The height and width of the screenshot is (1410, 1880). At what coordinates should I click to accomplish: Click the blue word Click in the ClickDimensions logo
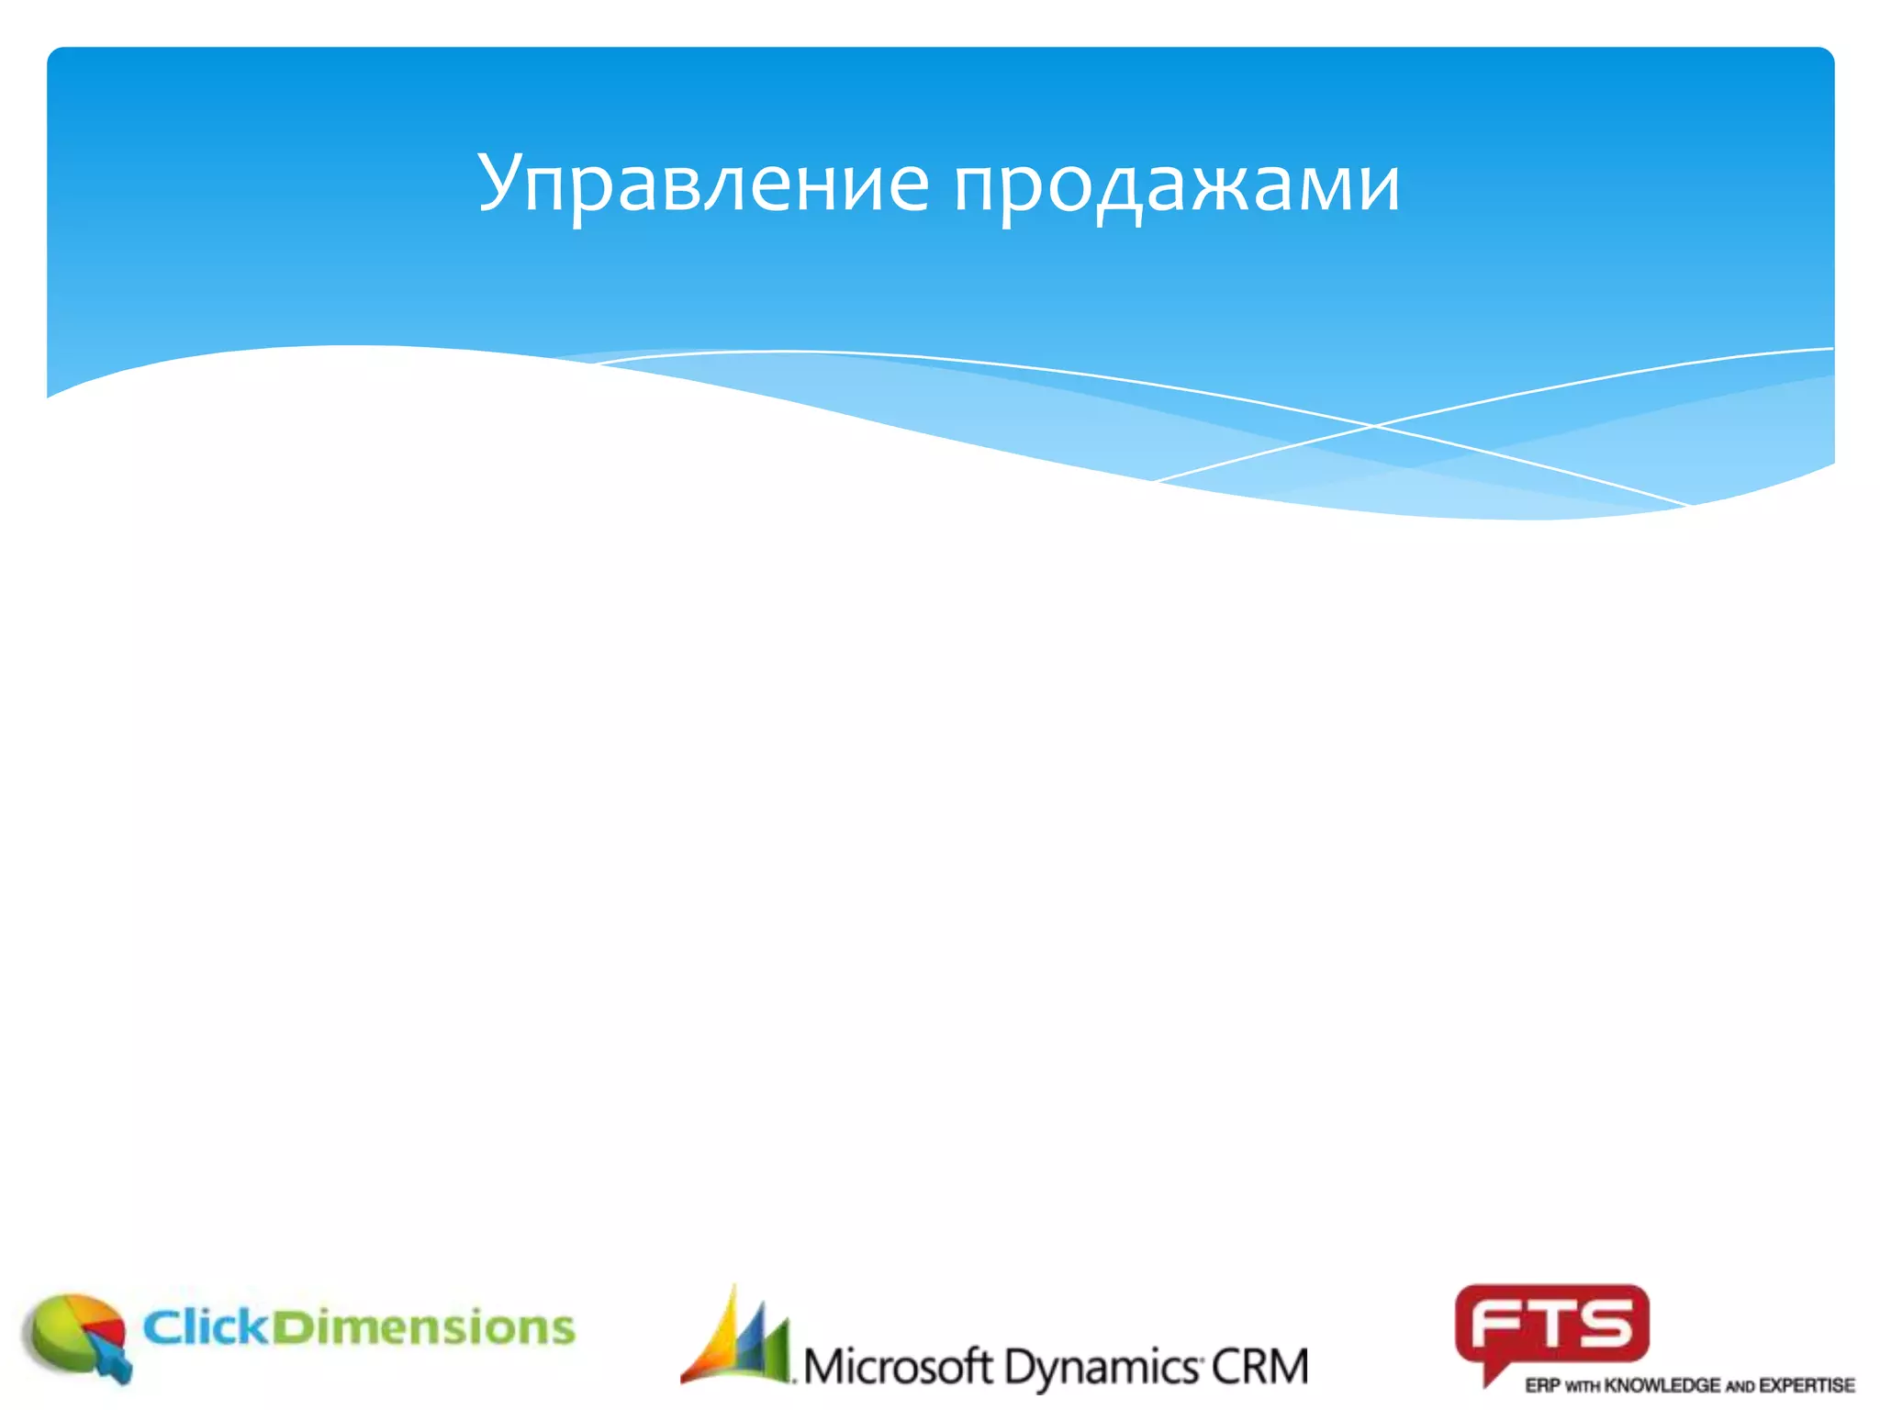[207, 1327]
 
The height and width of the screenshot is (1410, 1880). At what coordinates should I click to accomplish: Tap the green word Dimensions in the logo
[423, 1327]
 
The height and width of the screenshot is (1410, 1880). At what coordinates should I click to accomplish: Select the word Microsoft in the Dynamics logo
[899, 1367]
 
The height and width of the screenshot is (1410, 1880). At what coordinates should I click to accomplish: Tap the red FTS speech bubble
[1551, 1326]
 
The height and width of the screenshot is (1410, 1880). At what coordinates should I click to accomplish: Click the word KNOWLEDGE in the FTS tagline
[1662, 1385]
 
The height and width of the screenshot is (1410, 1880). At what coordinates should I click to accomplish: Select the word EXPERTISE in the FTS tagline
[1807, 1385]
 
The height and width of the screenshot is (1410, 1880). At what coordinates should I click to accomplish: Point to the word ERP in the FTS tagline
[1542, 1385]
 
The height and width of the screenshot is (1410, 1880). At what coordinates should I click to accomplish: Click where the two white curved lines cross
[1374, 426]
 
